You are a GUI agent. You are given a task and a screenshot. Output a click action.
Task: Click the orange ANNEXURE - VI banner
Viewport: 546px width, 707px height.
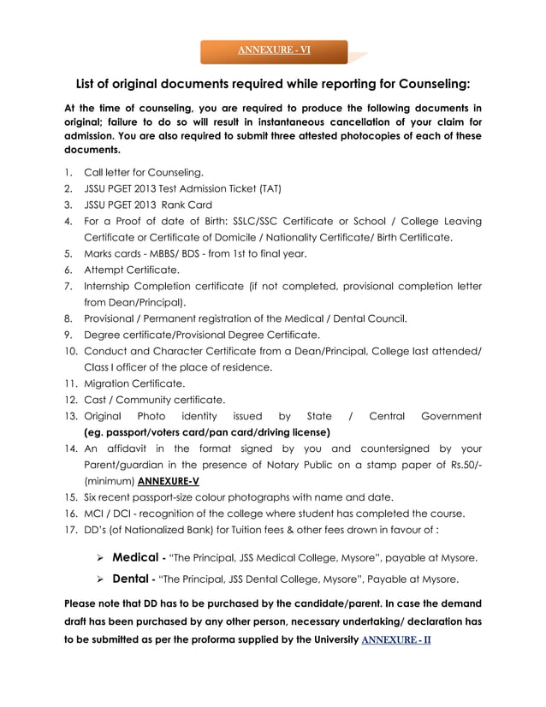274,50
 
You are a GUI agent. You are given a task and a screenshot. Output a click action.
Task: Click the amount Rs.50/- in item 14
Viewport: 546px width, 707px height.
460,465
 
